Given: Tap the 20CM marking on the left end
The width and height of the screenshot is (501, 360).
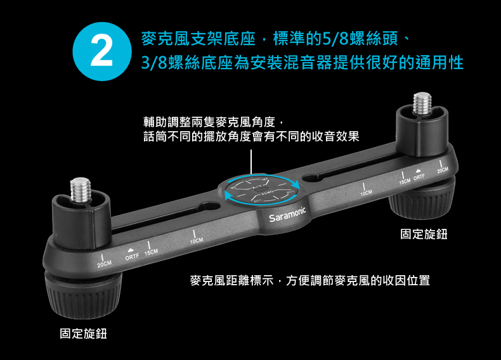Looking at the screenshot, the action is tap(104, 262).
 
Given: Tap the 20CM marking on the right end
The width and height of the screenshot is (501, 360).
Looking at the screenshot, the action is tap(443, 171).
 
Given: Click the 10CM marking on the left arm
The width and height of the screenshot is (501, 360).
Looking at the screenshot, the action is tap(196, 241).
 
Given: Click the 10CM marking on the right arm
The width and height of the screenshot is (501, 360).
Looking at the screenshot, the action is tap(365, 191).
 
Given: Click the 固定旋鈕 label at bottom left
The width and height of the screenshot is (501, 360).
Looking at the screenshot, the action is tap(83, 333).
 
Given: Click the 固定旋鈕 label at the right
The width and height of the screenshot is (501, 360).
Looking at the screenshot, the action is tap(424, 234).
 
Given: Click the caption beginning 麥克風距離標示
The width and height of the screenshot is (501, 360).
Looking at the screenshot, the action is tap(310, 280).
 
